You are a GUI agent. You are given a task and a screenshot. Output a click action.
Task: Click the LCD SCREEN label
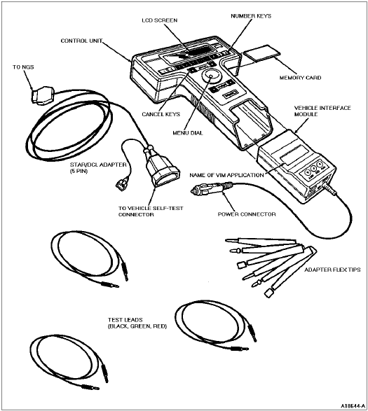[160, 20]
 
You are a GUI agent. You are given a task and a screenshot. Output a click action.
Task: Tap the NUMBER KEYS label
[251, 16]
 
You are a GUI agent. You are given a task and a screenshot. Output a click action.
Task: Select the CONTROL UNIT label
[81, 41]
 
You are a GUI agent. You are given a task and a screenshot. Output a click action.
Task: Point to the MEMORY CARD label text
[300, 78]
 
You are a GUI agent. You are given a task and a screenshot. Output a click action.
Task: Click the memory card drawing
[261, 53]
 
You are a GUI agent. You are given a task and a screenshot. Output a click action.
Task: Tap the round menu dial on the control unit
[212, 76]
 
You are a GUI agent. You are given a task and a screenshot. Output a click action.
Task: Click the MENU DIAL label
[188, 133]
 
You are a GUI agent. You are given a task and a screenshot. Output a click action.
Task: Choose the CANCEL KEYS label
[161, 114]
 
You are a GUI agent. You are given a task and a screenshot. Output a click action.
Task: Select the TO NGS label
[23, 67]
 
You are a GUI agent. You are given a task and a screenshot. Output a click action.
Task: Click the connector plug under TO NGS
[43, 96]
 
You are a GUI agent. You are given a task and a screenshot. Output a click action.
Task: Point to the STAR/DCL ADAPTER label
[98, 168]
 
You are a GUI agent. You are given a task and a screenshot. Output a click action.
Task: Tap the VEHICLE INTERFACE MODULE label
[322, 111]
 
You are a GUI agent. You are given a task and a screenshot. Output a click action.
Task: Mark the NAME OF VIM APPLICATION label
[226, 175]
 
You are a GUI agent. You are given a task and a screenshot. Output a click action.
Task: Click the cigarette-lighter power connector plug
[211, 188]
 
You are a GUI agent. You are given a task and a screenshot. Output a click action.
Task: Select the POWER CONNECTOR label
[247, 214]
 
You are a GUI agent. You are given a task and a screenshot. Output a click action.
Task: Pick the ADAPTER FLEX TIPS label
[332, 270]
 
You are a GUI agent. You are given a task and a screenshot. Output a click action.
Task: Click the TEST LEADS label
[137, 323]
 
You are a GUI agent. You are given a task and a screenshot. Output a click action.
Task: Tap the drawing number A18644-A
[353, 406]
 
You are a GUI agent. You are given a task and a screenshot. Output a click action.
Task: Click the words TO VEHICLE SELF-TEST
[151, 209]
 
